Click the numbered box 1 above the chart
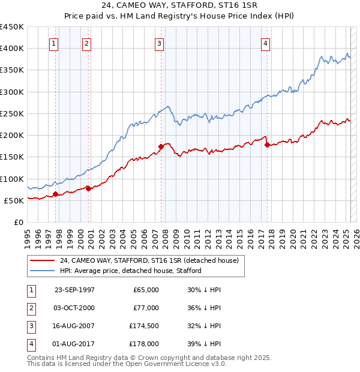click(54, 43)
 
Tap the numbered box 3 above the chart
click(159, 43)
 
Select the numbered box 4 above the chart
click(265, 43)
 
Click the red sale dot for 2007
click(161, 146)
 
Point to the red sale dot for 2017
click(267, 145)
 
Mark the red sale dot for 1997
click(56, 194)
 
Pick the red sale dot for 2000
click(88, 188)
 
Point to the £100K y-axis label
click(12, 179)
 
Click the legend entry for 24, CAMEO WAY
click(149, 260)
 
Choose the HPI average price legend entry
click(131, 271)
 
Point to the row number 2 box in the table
click(29, 307)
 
